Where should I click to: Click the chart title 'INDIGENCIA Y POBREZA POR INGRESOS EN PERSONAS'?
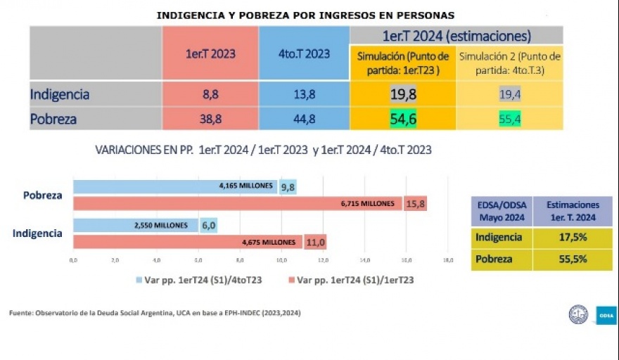click(x=305, y=15)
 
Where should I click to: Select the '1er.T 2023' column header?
click(x=210, y=54)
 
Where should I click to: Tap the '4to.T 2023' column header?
click(x=304, y=54)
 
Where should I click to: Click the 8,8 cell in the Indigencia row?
click(x=210, y=94)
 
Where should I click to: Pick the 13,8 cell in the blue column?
click(x=304, y=94)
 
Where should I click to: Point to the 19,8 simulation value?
click(x=403, y=94)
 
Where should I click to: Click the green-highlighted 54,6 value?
click(x=403, y=120)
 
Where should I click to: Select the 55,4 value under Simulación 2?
click(x=509, y=120)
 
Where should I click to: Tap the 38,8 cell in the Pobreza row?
click(x=210, y=120)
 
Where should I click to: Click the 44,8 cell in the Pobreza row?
click(x=304, y=120)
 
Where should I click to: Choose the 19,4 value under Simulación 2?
click(x=509, y=94)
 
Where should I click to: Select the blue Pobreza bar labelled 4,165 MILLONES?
click(x=176, y=186)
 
